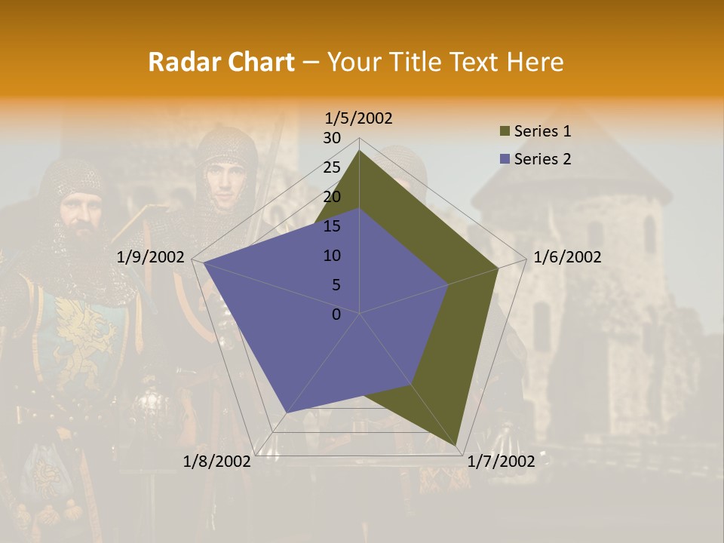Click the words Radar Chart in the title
click(220, 62)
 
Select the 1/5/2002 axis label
click(358, 118)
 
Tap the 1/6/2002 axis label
click(567, 257)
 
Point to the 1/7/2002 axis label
click(501, 462)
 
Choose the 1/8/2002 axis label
click(217, 462)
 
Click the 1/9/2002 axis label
click(151, 257)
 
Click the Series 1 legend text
click(542, 131)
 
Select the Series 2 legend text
click(542, 159)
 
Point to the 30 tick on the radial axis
click(332, 138)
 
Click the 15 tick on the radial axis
click(332, 226)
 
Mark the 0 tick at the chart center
click(336, 314)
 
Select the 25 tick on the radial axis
click(332, 167)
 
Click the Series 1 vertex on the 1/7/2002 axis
click(457, 446)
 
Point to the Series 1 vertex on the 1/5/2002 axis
click(360, 150)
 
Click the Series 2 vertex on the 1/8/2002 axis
click(286, 413)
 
